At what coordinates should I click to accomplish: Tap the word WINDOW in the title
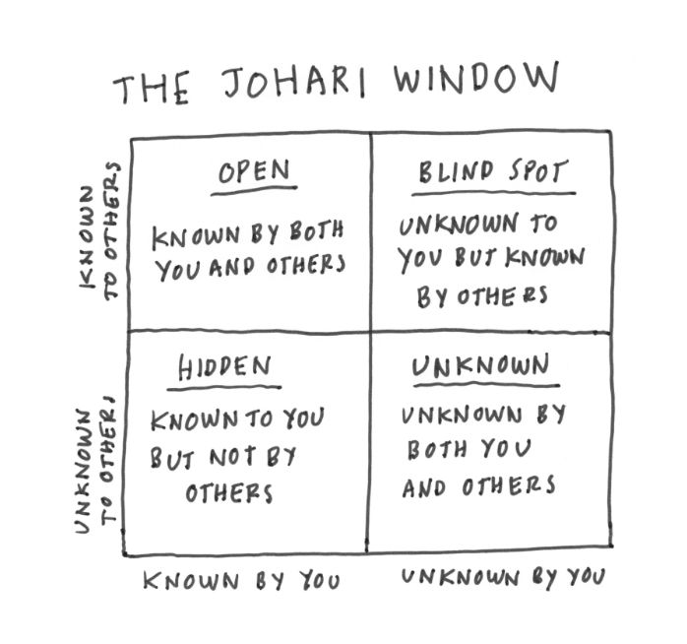476,78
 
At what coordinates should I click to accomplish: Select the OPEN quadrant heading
254,171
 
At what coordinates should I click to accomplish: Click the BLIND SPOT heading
493,171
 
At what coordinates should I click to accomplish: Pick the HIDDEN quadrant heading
224,367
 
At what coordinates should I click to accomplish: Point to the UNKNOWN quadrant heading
480,365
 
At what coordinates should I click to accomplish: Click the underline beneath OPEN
254,190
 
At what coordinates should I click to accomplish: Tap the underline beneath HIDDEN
224,388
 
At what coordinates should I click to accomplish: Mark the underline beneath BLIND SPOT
494,193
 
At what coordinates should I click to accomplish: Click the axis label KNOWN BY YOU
241,581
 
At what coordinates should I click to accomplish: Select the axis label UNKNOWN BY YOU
503,577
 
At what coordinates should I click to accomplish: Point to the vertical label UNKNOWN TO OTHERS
95,466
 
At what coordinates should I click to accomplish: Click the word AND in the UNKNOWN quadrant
424,487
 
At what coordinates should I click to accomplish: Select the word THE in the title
152,90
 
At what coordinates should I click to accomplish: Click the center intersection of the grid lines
369,332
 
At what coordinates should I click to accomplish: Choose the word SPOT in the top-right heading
538,171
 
